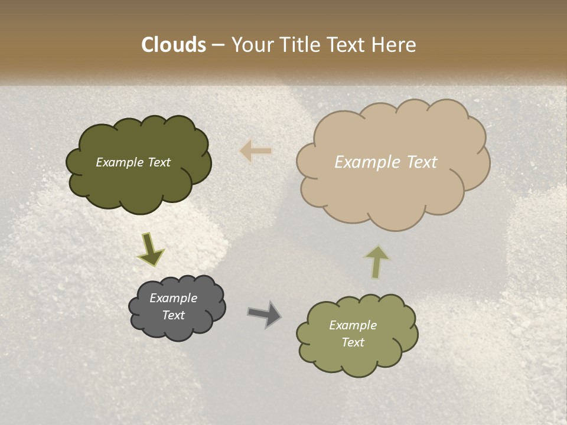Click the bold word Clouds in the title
click(174, 45)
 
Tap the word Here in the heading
click(393, 45)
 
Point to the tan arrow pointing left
click(256, 151)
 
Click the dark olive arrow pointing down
click(150, 249)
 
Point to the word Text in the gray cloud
click(174, 315)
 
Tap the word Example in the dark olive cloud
click(119, 162)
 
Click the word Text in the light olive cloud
click(353, 342)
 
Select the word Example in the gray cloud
click(174, 298)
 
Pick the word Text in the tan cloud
click(422, 162)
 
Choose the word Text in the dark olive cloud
click(158, 162)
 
